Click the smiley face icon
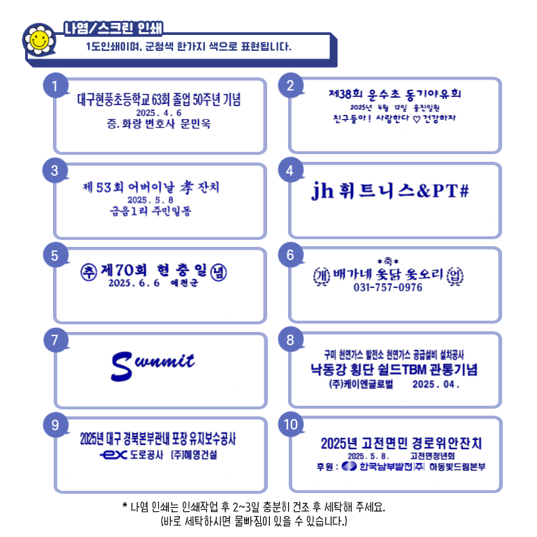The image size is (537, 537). click(x=39, y=40)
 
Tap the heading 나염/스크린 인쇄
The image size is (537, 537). click(x=113, y=29)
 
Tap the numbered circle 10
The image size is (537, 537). click(x=291, y=425)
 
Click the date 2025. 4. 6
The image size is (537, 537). click(x=159, y=112)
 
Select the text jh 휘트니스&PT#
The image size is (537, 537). click(x=390, y=190)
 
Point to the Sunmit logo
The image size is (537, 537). click(x=153, y=362)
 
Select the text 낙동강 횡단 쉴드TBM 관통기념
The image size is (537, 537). click(x=394, y=369)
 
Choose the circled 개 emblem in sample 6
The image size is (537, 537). click(x=322, y=274)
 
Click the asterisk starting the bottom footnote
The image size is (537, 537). click(x=125, y=506)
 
